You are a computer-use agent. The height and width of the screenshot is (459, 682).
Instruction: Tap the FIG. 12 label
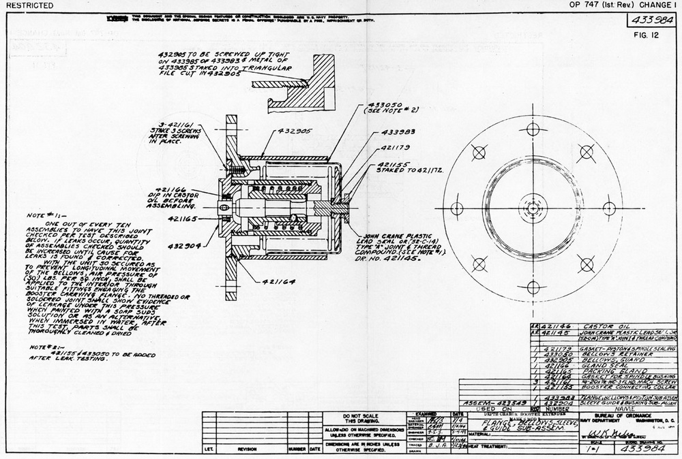pyautogui.click(x=644, y=35)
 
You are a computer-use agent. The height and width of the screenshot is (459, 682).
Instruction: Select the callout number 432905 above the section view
pyautogui.click(x=296, y=129)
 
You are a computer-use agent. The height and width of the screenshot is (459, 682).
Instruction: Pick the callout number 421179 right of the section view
pyautogui.click(x=395, y=146)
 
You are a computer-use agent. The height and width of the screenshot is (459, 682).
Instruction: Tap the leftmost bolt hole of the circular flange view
pyautogui.click(x=457, y=208)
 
